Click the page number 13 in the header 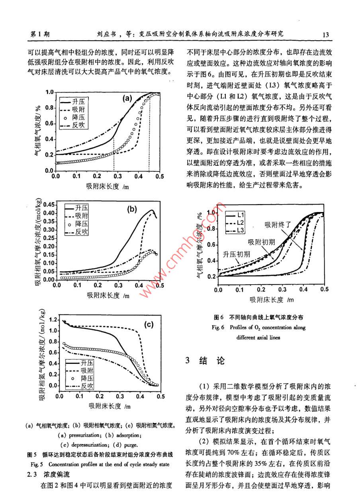[x=325, y=34]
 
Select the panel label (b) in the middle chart [x=132, y=208]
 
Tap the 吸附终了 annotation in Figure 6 [x=278, y=225]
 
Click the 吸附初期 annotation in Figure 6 [x=261, y=242]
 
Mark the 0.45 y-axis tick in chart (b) [x=49, y=204]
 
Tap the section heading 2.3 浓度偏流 [x=43, y=475]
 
